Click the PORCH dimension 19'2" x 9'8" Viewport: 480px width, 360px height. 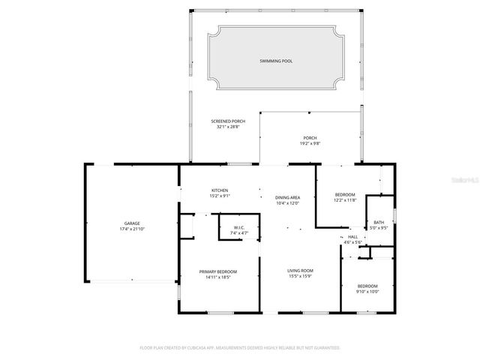point(310,142)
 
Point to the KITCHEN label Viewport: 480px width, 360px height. point(219,190)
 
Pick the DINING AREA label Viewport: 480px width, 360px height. point(288,197)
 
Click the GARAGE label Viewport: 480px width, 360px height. point(132,223)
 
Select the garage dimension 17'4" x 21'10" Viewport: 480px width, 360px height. point(132,229)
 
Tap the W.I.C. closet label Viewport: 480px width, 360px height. point(239,228)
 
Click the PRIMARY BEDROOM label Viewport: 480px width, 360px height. point(218,271)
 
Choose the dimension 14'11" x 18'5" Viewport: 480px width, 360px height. point(218,277)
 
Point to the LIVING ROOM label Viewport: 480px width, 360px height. point(300,271)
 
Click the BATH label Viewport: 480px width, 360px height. point(379,222)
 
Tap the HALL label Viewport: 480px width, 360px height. point(352,237)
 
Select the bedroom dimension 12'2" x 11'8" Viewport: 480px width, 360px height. point(345,199)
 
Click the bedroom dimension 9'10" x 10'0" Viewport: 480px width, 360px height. point(367,291)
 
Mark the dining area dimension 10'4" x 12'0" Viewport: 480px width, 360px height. point(288,202)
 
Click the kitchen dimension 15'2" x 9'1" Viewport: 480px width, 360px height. point(219,196)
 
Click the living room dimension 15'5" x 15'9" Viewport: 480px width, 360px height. point(300,276)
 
